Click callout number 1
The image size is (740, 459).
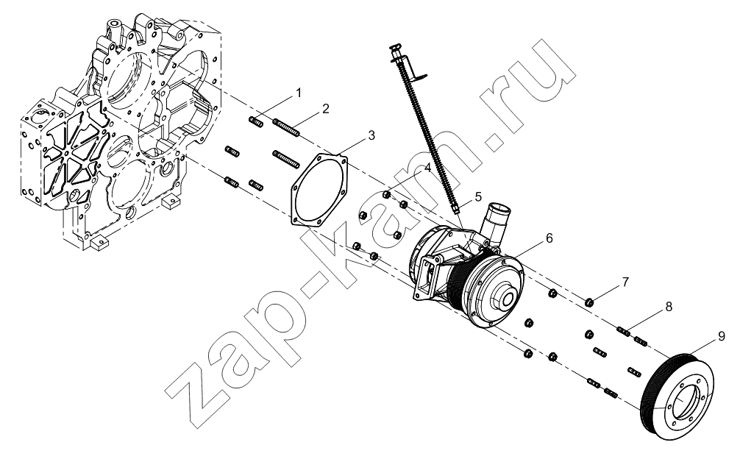pyautogui.click(x=298, y=93)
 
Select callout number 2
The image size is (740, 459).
pyautogui.click(x=326, y=109)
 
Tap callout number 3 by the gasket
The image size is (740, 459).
pyautogui.click(x=371, y=135)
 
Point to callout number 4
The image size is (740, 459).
pyautogui.click(x=427, y=168)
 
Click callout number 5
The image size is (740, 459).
pyautogui.click(x=478, y=196)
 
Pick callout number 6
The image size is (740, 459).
pyautogui.click(x=549, y=238)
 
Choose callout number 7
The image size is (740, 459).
pyautogui.click(x=625, y=282)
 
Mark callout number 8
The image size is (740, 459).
pyautogui.click(x=669, y=307)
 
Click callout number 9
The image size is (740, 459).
pyautogui.click(x=721, y=336)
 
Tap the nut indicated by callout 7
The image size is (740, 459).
pyautogui.click(x=589, y=302)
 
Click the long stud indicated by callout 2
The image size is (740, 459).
pyautogui.click(x=286, y=128)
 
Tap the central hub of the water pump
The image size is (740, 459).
pyautogui.click(x=507, y=298)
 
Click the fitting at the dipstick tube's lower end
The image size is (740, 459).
pyautogui.click(x=455, y=208)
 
